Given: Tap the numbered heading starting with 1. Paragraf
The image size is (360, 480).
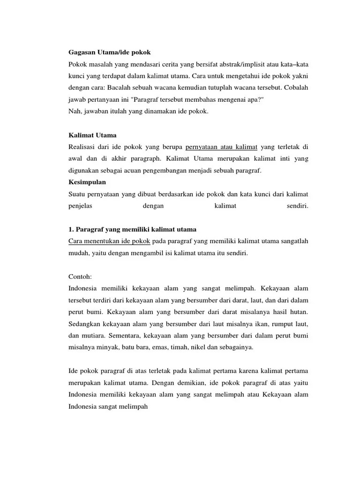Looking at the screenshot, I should coord(132,229).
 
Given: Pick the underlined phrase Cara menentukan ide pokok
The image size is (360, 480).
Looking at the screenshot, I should coord(109,241).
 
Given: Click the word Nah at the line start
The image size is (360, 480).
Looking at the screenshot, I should coord(75,111).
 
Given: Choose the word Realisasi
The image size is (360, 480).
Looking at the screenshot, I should coord(83,147).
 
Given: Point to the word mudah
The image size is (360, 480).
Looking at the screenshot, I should coord(78,253).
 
